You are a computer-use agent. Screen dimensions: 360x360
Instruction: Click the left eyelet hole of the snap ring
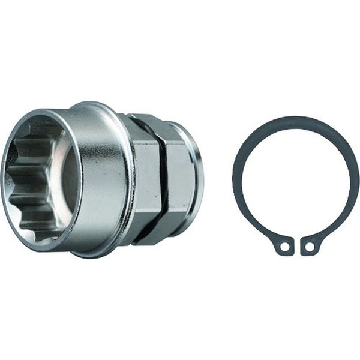[x=284, y=246]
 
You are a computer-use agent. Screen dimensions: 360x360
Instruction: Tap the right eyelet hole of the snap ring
[x=309, y=245]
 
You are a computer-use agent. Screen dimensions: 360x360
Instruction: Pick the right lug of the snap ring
[x=310, y=245]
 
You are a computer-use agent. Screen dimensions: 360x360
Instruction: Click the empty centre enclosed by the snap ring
[x=295, y=180]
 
